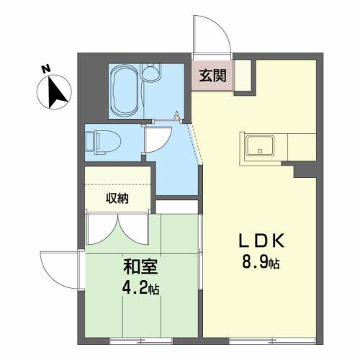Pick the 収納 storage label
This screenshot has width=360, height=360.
click(x=118, y=199)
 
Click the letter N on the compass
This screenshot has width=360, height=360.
click(x=45, y=69)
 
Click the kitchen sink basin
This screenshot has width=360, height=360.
click(x=258, y=146)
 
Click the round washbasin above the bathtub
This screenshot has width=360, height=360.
click(x=152, y=73)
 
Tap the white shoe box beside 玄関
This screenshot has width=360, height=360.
click(x=242, y=75)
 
